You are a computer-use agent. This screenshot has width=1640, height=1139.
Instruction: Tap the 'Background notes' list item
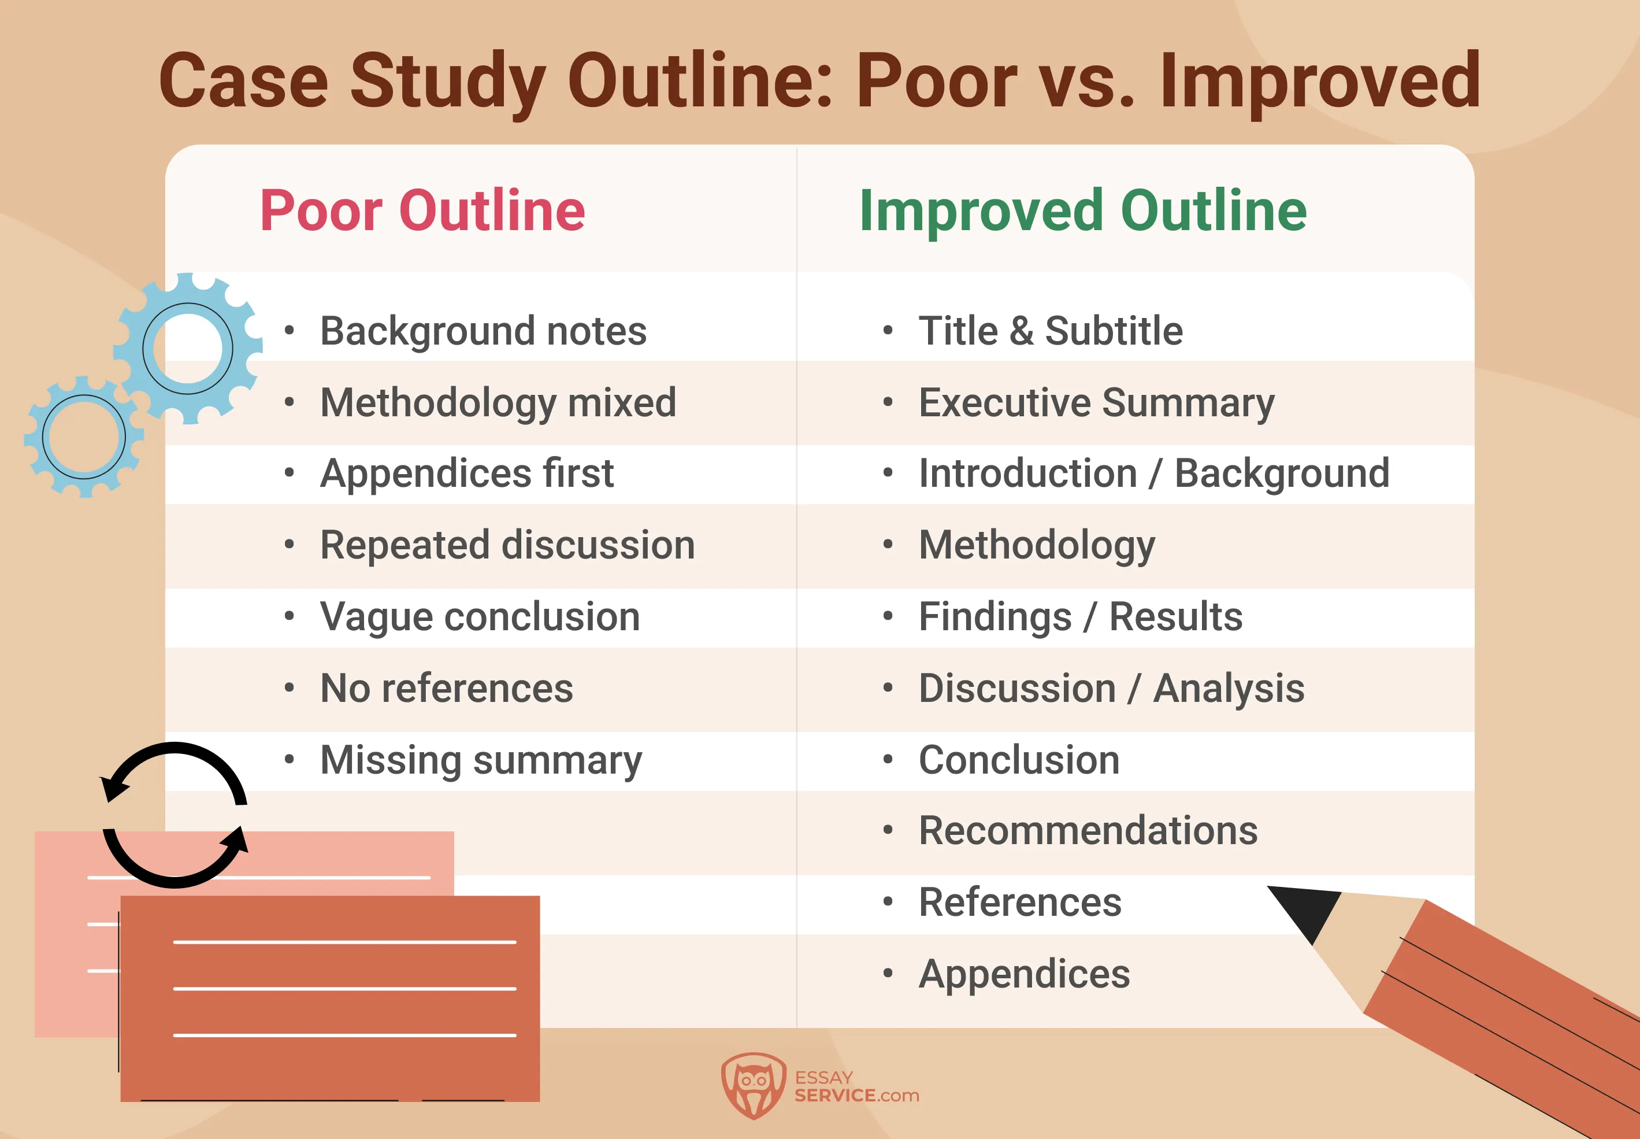pos(483,331)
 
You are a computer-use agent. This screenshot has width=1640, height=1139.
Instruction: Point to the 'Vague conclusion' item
pos(480,616)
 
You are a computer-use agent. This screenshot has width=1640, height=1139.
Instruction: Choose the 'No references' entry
pos(447,688)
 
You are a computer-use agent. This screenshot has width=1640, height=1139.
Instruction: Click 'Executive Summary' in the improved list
pos(1096,402)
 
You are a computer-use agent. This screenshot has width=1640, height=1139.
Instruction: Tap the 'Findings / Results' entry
pos(1080,616)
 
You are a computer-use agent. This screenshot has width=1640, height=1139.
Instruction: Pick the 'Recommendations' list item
pos(1088,831)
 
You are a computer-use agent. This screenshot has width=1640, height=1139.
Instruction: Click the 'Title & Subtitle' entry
pos(1050,331)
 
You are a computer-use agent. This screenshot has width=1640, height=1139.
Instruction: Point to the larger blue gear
pos(188,348)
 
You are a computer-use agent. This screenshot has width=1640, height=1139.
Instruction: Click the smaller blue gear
pos(84,437)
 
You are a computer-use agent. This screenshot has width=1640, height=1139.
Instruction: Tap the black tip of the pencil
pos(1305,910)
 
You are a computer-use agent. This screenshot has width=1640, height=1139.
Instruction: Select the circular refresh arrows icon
pos(175,814)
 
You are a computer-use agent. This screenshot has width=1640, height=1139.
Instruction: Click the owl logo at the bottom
pos(754,1085)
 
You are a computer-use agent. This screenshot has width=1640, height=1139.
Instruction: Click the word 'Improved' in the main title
pos(1320,82)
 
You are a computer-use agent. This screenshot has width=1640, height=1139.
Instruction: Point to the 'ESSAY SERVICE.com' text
pos(856,1086)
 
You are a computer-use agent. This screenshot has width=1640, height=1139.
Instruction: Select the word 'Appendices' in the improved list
pos(1023,974)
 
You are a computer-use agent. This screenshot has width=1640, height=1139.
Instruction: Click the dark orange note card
pos(329,999)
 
